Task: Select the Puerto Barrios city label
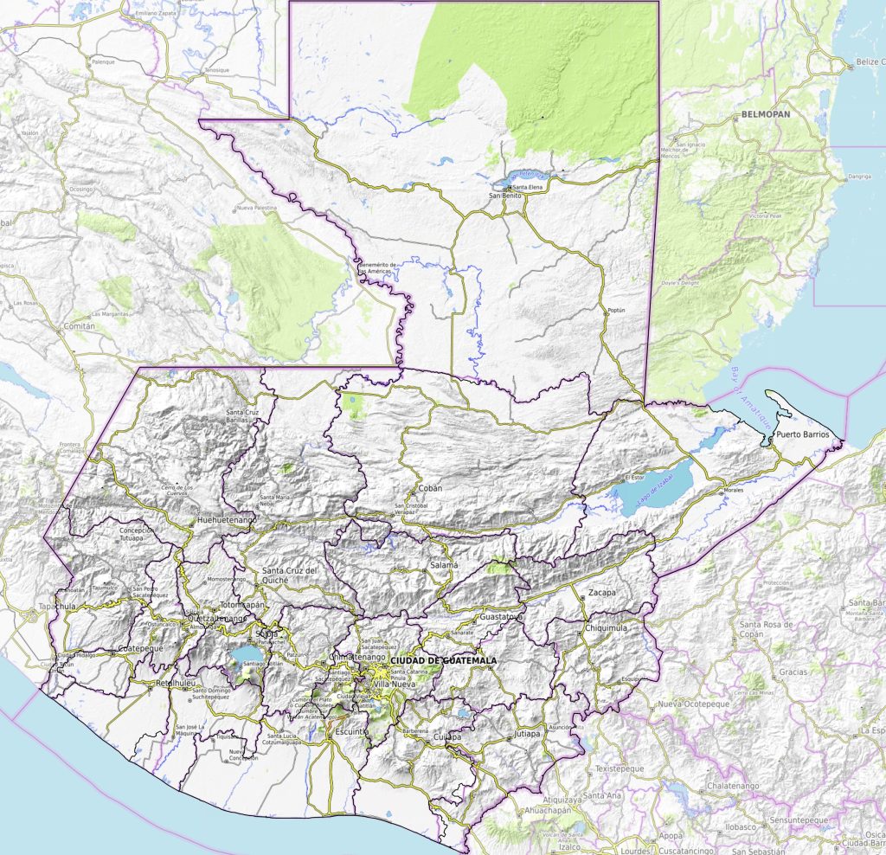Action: [x=802, y=434]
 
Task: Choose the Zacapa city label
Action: [x=601, y=593]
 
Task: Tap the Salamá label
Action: [x=444, y=565]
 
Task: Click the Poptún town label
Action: [x=615, y=310]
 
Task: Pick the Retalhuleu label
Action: [x=174, y=684]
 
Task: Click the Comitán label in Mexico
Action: [x=79, y=327]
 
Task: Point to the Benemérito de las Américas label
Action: [x=378, y=267]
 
